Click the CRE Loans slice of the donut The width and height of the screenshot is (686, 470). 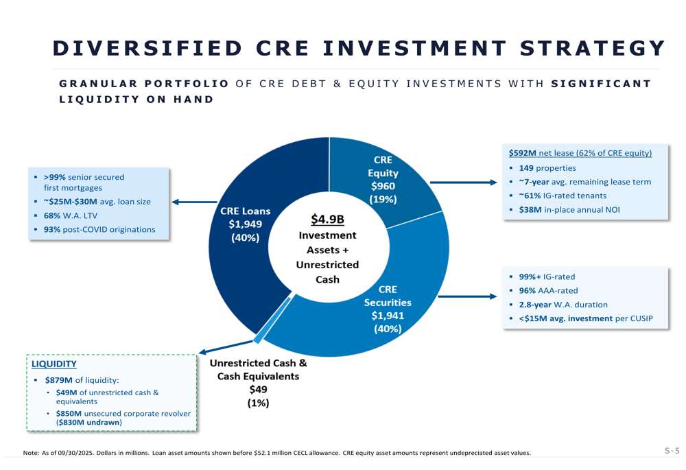click(237, 274)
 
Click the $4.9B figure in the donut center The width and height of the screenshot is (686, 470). click(327, 220)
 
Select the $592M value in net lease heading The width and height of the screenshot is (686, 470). click(522, 153)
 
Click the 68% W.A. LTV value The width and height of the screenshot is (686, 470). click(53, 215)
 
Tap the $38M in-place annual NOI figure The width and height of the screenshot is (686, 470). click(530, 209)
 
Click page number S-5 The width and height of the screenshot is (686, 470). click(672, 451)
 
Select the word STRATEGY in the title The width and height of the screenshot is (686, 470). click(593, 47)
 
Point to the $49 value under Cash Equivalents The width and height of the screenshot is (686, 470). click(259, 390)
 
